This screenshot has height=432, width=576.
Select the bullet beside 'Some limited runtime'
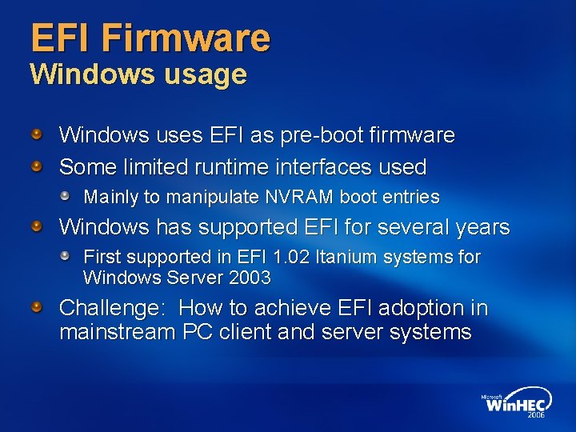(38, 166)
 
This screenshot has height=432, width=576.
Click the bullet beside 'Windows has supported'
(38, 226)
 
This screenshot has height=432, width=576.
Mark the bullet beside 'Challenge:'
(38, 306)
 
